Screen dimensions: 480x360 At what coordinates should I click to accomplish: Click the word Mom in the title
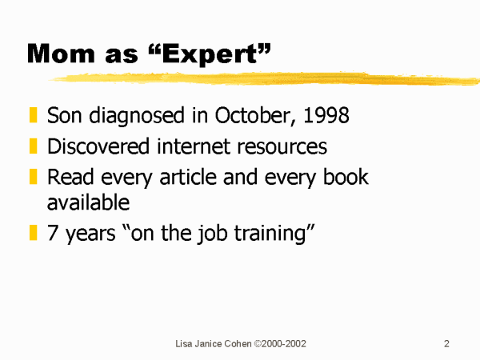(x=61, y=54)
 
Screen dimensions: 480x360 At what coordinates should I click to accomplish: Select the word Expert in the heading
(x=210, y=54)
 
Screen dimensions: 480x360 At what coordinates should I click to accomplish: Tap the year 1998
(x=326, y=115)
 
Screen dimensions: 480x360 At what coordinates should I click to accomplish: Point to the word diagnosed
(x=137, y=116)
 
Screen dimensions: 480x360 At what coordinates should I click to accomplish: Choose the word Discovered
(x=98, y=146)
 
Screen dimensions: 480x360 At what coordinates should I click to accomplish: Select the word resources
(x=282, y=147)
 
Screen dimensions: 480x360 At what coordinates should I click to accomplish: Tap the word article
(x=188, y=177)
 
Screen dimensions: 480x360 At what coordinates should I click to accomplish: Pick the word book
(x=346, y=177)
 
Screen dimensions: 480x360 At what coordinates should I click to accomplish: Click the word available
(x=88, y=202)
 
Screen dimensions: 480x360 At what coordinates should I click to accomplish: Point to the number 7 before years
(x=52, y=233)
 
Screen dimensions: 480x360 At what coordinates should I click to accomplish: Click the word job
(x=212, y=234)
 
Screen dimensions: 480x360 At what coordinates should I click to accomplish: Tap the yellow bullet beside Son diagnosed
(x=33, y=114)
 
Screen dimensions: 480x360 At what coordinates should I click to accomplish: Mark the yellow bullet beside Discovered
(x=33, y=146)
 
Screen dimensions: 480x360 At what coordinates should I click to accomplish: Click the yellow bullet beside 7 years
(x=33, y=233)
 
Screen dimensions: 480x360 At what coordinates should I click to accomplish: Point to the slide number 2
(x=446, y=344)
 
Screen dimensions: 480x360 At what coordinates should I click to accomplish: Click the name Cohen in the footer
(x=238, y=344)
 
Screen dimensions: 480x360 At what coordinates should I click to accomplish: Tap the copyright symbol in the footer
(x=258, y=344)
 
